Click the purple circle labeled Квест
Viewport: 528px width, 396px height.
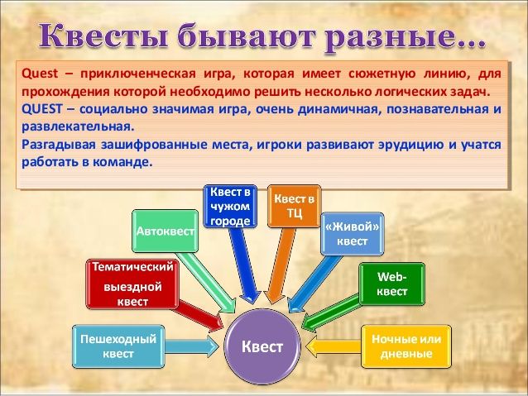(x=262, y=346)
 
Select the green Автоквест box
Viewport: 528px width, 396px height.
(x=165, y=231)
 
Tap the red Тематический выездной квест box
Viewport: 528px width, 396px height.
(x=132, y=284)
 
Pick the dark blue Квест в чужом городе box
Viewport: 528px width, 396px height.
(x=230, y=206)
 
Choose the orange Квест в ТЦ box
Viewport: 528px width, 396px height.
(x=295, y=206)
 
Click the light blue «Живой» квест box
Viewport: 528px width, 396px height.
(x=353, y=234)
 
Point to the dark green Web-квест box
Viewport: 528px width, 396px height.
(x=392, y=284)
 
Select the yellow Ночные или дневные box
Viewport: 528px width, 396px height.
(x=406, y=346)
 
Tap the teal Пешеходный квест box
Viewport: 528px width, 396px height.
(x=118, y=346)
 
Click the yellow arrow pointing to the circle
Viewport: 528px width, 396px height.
(x=334, y=346)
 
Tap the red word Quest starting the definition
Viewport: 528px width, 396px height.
(x=40, y=74)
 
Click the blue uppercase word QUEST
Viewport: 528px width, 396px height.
(x=42, y=109)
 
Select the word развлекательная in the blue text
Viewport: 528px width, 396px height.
(x=76, y=127)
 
